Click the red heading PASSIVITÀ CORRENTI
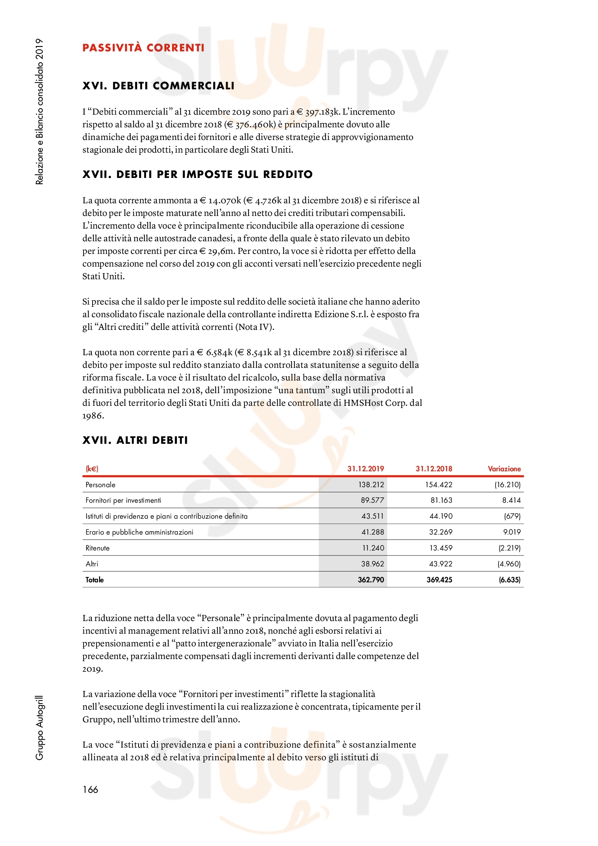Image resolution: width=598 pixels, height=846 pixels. tap(143, 48)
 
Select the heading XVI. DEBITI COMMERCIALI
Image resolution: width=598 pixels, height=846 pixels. tap(158, 86)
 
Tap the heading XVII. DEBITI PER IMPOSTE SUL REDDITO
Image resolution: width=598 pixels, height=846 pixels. tap(197, 174)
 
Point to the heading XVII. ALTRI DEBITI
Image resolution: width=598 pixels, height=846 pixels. tap(135, 440)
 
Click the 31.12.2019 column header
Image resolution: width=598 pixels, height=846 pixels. tap(365, 469)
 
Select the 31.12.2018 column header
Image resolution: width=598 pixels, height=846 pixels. tap(434, 469)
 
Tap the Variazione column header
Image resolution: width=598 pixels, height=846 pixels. tap(504, 469)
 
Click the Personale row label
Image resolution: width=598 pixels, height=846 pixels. tap(100, 485)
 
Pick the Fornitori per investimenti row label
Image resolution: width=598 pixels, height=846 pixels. tap(123, 500)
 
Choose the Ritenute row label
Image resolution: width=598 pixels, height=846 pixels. tap(97, 548)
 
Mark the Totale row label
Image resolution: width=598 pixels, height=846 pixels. tap(94, 579)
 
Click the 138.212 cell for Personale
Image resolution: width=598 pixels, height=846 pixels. tap(371, 485)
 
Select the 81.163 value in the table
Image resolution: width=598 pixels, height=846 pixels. tap(441, 500)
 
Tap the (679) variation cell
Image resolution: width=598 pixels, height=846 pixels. tap(512, 516)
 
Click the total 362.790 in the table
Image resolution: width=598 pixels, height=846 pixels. tap(371, 579)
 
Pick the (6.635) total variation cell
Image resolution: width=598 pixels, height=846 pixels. tap(510, 579)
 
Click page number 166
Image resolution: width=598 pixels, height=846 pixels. tap(90, 790)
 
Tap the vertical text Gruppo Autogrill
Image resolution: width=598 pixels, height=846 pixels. tap(39, 728)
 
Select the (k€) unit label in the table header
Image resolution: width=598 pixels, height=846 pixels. tap(92, 469)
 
